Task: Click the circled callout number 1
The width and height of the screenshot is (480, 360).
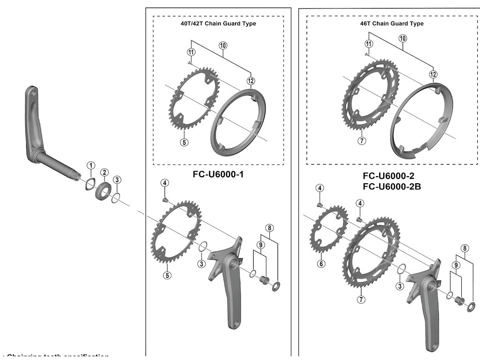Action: click(91, 165)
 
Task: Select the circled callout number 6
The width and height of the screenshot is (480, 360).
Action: click(321, 263)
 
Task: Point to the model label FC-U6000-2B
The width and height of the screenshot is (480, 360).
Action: click(392, 186)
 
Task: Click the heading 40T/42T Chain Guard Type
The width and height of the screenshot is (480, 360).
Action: click(218, 24)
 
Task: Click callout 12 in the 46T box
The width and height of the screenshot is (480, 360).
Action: click(433, 74)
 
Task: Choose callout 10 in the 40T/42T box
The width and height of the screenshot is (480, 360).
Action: click(223, 45)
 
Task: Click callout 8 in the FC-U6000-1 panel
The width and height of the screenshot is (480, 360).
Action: click(269, 228)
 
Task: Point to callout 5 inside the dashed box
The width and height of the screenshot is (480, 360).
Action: click(184, 142)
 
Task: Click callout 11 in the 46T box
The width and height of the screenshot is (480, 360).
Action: click(369, 43)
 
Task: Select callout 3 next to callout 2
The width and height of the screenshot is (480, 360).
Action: click(118, 180)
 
